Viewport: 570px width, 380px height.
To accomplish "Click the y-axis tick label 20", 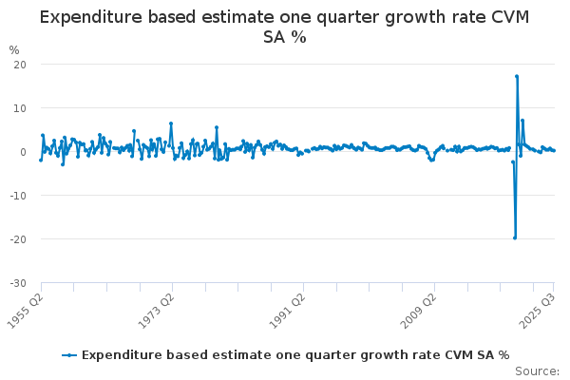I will pos(19,65).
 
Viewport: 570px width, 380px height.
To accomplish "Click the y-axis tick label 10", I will pos(19,108).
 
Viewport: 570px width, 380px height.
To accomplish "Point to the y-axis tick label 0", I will pos(22,152).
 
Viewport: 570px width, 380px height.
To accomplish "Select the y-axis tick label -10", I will pos(17,196).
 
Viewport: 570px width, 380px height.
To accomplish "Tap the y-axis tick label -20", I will pos(17,239).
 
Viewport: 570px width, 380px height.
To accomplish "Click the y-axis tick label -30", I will pos(17,283).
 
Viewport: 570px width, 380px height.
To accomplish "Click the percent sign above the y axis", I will pos(13,49).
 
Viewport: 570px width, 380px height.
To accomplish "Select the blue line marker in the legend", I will pos(69,354).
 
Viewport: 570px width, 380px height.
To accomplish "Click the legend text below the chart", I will pos(295,354).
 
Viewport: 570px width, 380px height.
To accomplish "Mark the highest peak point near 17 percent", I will pos(517,76).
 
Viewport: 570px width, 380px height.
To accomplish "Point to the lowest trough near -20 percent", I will pos(515,237).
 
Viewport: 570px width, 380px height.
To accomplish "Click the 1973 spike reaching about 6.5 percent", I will pos(171,123).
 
